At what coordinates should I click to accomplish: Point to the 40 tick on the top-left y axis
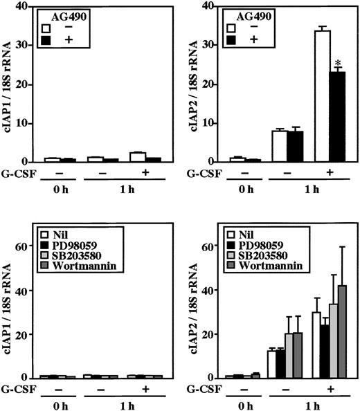pyautogui.click(x=30, y=6)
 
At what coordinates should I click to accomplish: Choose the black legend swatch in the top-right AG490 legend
pyautogui.click(x=240, y=40)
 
